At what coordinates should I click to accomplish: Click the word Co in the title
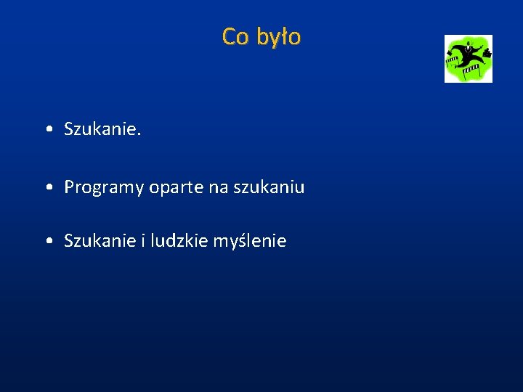point(235,36)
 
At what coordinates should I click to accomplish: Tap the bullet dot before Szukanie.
point(47,130)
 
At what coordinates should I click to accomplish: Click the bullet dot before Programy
point(47,188)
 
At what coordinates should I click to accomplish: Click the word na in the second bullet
point(218,188)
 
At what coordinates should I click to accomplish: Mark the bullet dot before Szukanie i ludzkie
point(47,241)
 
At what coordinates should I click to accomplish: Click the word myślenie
point(250,240)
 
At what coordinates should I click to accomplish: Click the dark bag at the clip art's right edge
point(487,53)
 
